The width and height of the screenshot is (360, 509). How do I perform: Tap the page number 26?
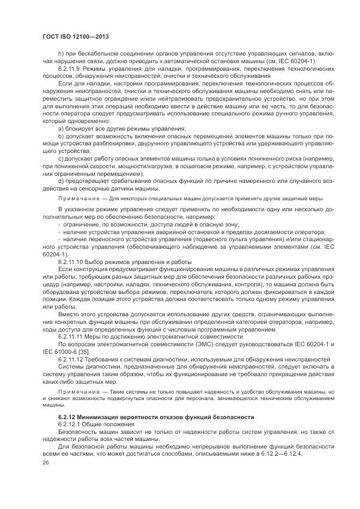pos(46,463)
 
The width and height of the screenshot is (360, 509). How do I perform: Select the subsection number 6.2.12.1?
pos(71,424)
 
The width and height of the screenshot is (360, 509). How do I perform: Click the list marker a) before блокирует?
pos(60,128)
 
